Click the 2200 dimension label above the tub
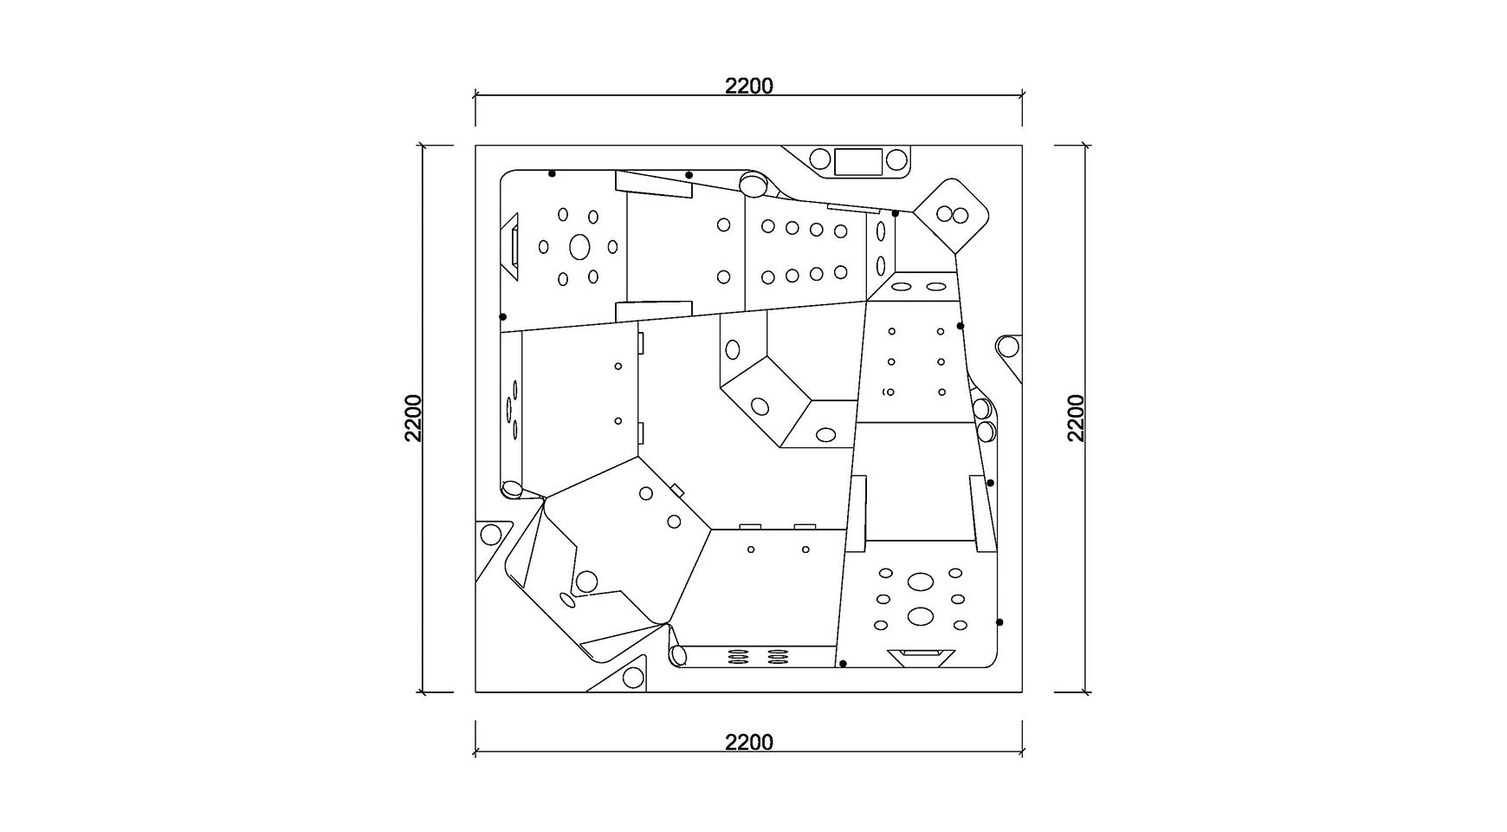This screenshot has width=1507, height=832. tap(749, 86)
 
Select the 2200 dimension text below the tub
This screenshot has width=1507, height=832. tap(749, 743)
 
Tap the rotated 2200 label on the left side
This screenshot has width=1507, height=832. tap(414, 419)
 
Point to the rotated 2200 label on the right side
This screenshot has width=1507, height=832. tap(1077, 419)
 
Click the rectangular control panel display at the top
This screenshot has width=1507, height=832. tap(857, 160)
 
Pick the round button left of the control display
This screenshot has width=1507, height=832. tap(819, 159)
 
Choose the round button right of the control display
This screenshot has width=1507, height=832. tap(896, 160)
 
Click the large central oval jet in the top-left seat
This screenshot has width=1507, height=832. tap(579, 247)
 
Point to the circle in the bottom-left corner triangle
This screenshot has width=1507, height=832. tap(492, 534)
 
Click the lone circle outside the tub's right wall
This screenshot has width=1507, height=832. tap(1007, 347)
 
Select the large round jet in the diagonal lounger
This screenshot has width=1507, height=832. tap(586, 581)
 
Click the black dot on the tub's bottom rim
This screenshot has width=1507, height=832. tap(844, 664)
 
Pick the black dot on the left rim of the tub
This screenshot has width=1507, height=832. tap(503, 317)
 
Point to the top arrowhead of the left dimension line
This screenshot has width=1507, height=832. tap(423, 146)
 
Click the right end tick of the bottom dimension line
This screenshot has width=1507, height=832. tap(1022, 751)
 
